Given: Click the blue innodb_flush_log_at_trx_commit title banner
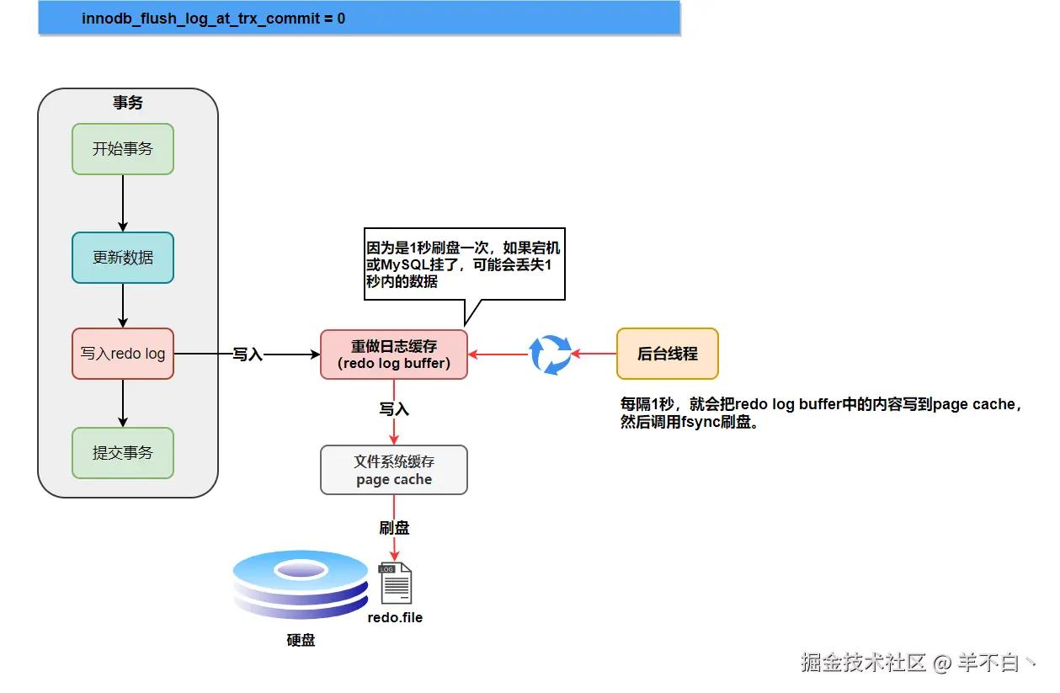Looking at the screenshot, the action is pyautogui.click(x=360, y=18).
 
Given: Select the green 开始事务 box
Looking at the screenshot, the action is pyautogui.click(x=123, y=149).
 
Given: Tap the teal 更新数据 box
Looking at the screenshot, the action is pyautogui.click(x=123, y=258).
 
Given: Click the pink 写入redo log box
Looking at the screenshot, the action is pyautogui.click(x=123, y=354).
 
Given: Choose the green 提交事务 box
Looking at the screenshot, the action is pyautogui.click(x=123, y=453).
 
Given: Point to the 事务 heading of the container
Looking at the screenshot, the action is pyautogui.click(x=128, y=102).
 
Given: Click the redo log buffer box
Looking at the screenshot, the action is pyautogui.click(x=394, y=354).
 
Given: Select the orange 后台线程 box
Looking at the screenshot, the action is pyautogui.click(x=667, y=354).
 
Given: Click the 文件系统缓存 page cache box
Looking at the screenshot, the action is pyautogui.click(x=394, y=470).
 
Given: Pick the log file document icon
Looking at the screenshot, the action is pyautogui.click(x=396, y=583).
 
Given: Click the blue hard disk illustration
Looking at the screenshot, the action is pyautogui.click(x=301, y=584).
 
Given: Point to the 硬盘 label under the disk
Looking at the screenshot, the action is pyautogui.click(x=301, y=640).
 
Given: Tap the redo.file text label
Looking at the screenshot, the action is pyautogui.click(x=395, y=617).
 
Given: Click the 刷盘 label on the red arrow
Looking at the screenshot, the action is pyautogui.click(x=394, y=528).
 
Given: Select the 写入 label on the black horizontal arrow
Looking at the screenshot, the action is pyautogui.click(x=248, y=354).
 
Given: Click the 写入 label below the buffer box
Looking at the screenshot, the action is pyautogui.click(x=394, y=409).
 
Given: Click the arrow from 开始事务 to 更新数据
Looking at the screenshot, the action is pyautogui.click(x=123, y=203).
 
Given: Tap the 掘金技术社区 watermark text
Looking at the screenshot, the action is pyautogui.click(x=863, y=662).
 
